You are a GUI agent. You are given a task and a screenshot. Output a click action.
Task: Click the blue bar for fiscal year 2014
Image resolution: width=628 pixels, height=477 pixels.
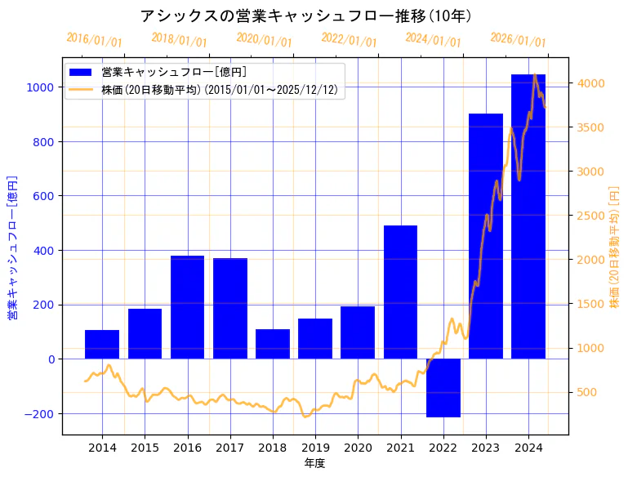(x=102, y=345)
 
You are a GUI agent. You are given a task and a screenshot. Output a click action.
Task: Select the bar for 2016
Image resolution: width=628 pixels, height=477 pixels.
(x=187, y=307)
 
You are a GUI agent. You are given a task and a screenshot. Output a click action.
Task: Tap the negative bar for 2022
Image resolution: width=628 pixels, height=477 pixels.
(x=443, y=388)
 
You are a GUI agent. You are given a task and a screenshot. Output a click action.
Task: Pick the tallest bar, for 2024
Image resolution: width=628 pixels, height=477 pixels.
(x=528, y=216)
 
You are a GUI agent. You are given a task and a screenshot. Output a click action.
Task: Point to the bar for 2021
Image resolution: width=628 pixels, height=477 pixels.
(x=400, y=292)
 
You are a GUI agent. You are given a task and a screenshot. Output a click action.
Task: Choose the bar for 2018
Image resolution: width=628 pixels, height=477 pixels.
(x=273, y=344)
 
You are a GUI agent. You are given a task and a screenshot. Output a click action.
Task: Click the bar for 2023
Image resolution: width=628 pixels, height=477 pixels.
(x=486, y=236)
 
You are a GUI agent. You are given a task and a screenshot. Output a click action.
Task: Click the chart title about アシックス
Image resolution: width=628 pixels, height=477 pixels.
(x=305, y=16)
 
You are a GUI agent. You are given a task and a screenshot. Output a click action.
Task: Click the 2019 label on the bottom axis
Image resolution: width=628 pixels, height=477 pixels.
(x=315, y=448)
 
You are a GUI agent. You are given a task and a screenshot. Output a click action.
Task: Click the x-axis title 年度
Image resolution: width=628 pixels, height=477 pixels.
(x=314, y=463)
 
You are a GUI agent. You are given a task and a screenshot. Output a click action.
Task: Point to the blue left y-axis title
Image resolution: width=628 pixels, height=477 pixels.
(x=12, y=247)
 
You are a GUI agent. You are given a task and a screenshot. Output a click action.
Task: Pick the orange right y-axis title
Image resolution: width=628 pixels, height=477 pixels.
(x=614, y=247)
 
